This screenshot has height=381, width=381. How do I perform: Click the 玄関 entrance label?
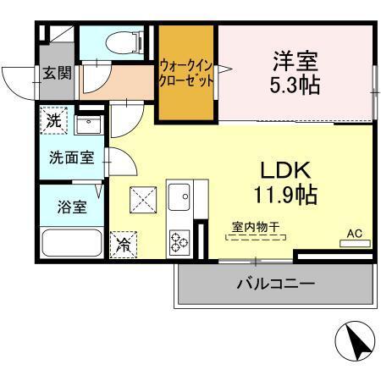tap(58, 74)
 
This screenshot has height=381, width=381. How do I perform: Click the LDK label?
tap(288, 168)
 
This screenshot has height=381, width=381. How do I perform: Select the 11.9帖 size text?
tap(288, 195)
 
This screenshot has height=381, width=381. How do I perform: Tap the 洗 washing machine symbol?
tap(54, 120)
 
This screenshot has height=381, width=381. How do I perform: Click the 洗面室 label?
tap(71, 158)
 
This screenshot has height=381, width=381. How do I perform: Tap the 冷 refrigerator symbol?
tap(123, 245)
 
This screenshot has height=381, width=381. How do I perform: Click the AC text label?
tap(355, 232)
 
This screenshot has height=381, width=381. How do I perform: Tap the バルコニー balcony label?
tap(275, 283)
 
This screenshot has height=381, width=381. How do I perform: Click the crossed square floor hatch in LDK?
tap(141, 202)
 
